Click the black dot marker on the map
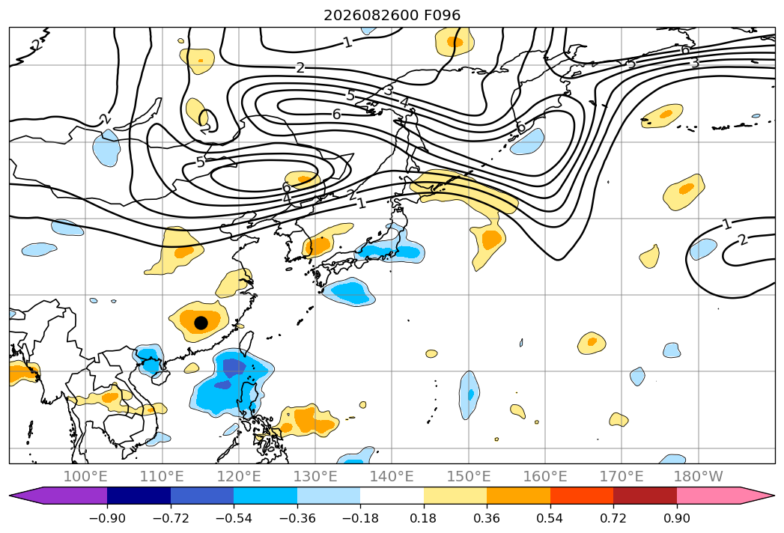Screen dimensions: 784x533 pyautogui.click(x=201, y=323)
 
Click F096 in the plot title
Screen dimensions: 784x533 pyautogui.click(x=442, y=16)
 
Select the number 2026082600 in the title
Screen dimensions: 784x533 pyautogui.click(x=371, y=16)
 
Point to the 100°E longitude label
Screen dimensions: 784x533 pyautogui.click(x=85, y=477)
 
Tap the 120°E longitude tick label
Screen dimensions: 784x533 pyautogui.click(x=239, y=477)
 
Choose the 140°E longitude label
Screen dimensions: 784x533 pyautogui.click(x=392, y=477)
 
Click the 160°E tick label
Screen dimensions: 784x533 pyautogui.click(x=545, y=477)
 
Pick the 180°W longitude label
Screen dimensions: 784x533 pyautogui.click(x=698, y=477)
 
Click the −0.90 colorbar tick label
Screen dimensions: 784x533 pyautogui.click(x=107, y=518)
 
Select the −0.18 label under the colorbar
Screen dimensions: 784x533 pyautogui.click(x=360, y=518)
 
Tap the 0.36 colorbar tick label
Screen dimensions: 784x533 pyautogui.click(x=487, y=518)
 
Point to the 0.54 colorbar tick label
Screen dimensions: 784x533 pyautogui.click(x=550, y=518)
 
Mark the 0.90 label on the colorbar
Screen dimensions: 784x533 pyautogui.click(x=676, y=518)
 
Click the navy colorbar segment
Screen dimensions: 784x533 pyautogui.click(x=139, y=496)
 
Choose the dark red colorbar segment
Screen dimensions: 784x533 pyautogui.click(x=645, y=496)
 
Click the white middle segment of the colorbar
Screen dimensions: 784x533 pyautogui.click(x=392, y=496)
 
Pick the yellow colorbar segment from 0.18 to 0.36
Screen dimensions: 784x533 pyautogui.click(x=455, y=496)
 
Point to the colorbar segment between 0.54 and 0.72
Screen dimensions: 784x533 pyautogui.click(x=582, y=496)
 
